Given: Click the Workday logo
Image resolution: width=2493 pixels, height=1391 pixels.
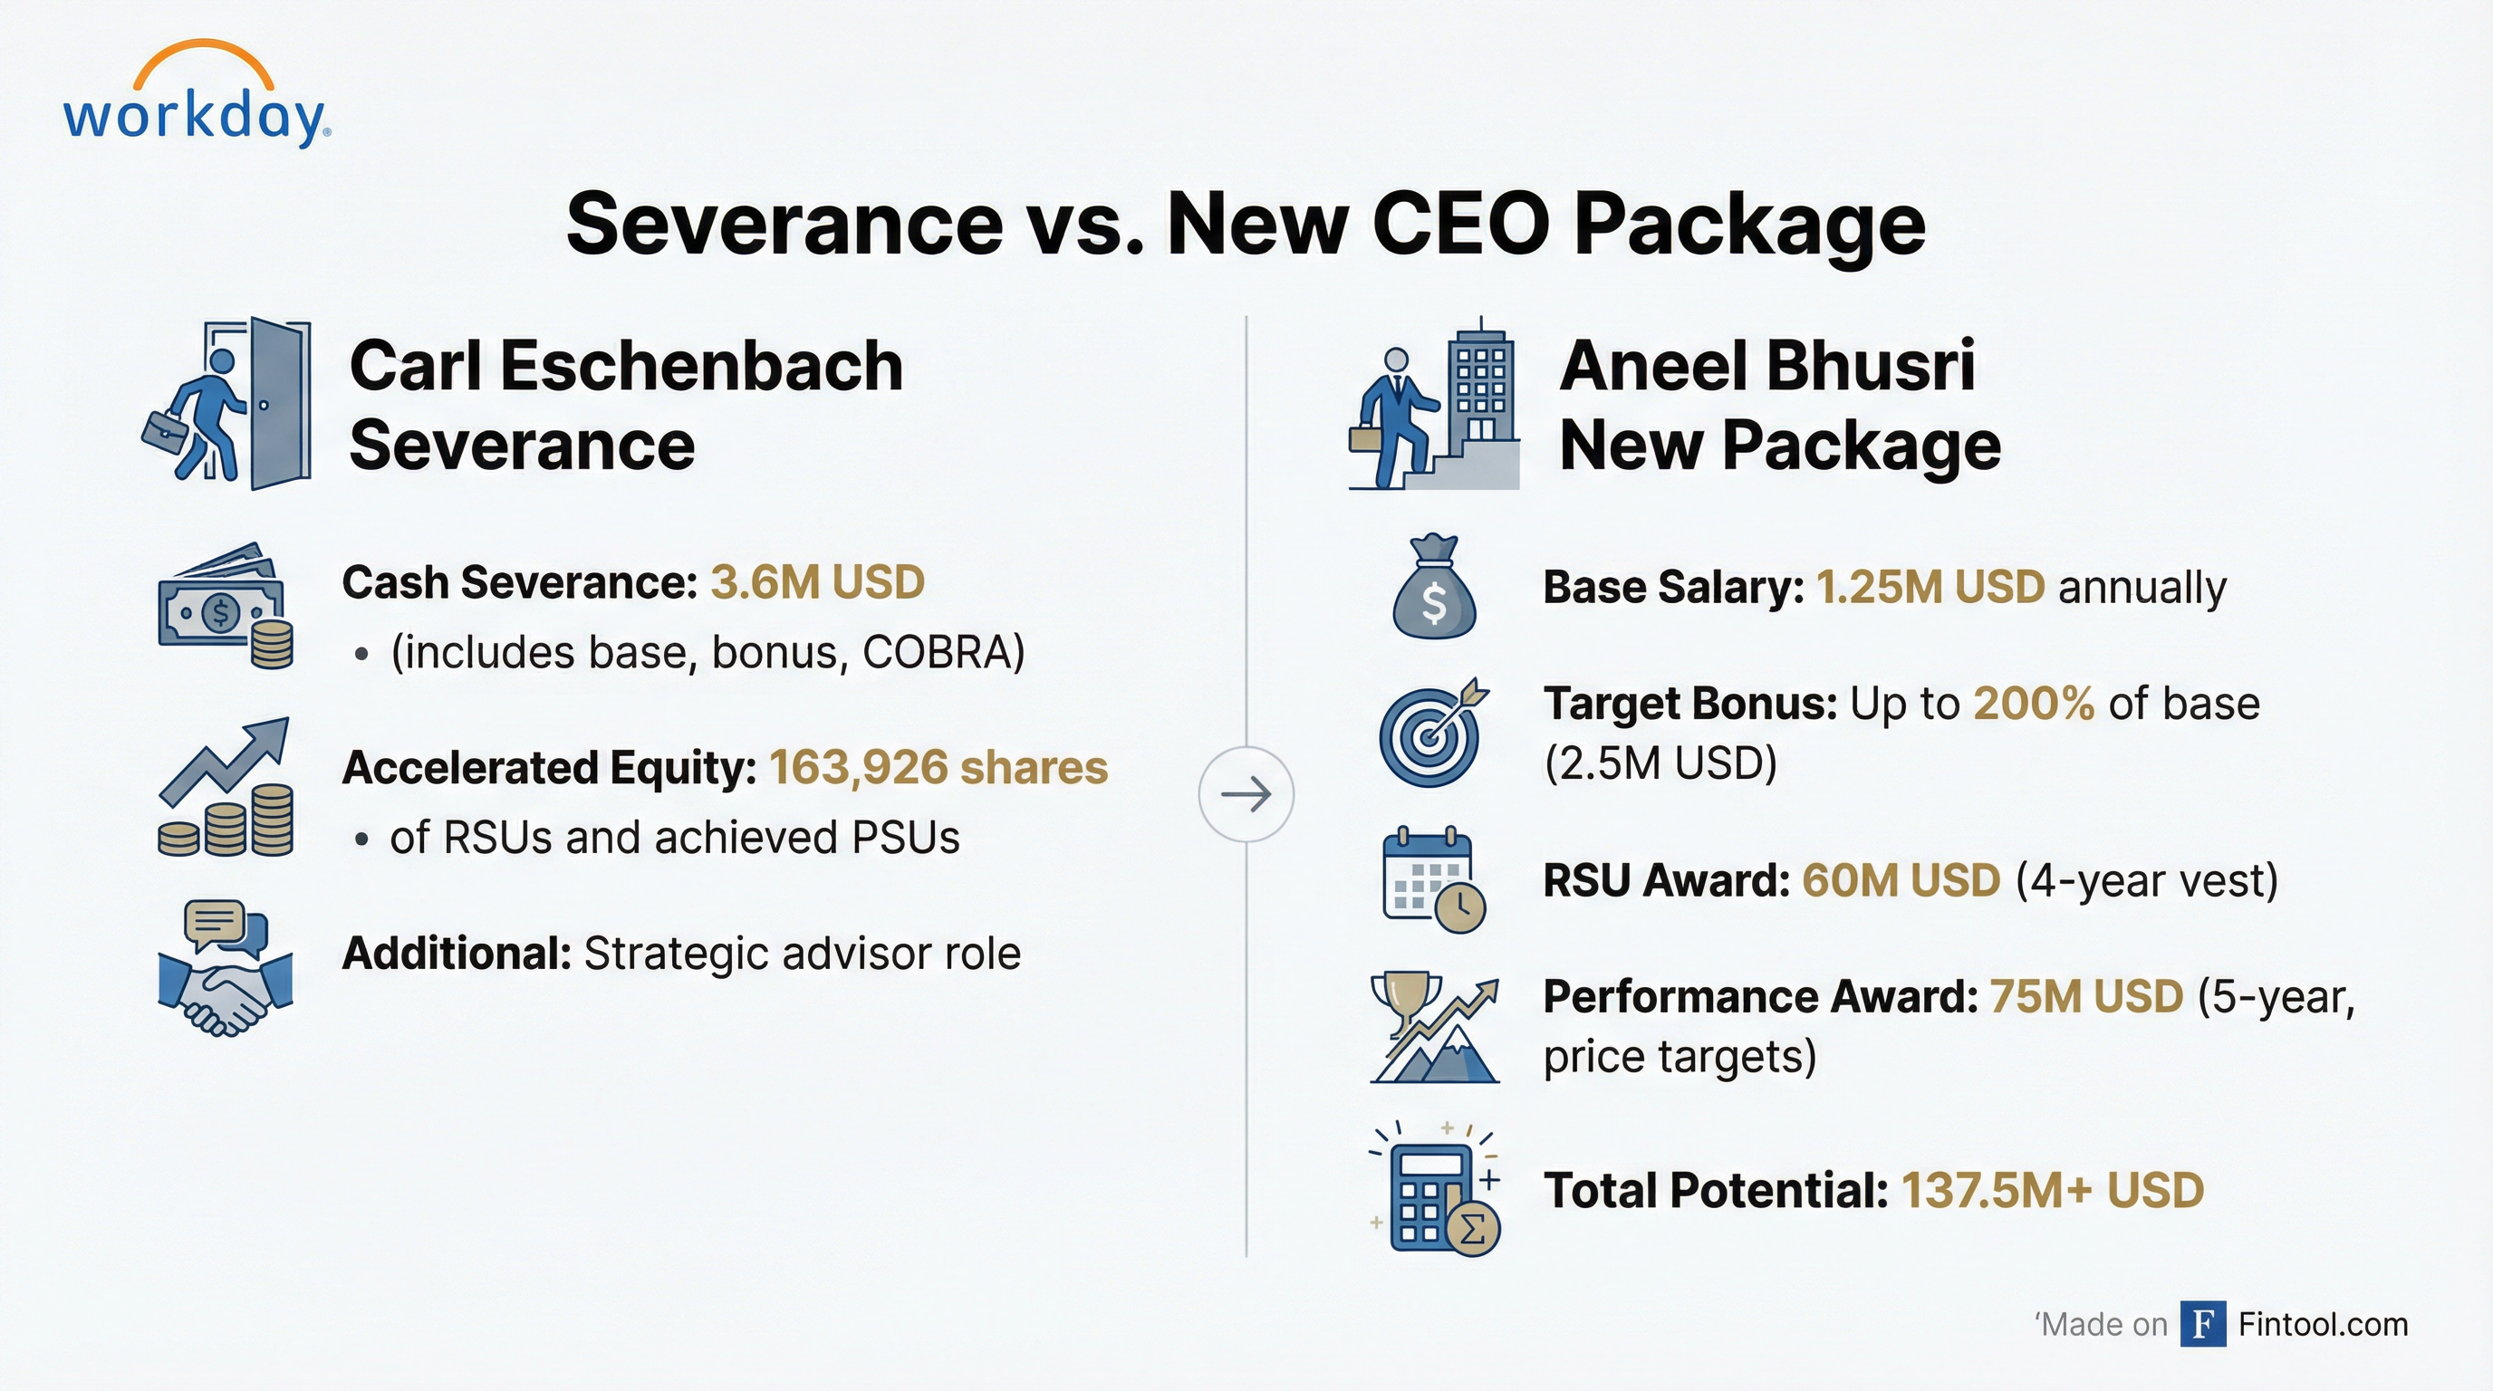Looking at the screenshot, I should tap(197, 97).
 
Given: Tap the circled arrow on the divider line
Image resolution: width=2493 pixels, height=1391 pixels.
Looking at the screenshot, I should tap(1246, 794).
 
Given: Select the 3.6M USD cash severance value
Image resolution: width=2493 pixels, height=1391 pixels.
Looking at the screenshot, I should tap(818, 582).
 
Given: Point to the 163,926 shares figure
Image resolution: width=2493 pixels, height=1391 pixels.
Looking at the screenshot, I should tap(938, 767).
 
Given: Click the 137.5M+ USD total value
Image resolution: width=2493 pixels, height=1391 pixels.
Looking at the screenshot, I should tap(2053, 1190).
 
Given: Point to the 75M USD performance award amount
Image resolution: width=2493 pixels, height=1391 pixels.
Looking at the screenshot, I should tap(2086, 996).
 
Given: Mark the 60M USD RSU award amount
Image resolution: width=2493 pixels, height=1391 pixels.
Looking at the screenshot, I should tap(1901, 880).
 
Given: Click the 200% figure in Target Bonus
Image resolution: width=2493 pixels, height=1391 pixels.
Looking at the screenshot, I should tap(2034, 704).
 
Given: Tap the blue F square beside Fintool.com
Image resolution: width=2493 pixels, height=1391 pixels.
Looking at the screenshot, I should tap(2203, 1324).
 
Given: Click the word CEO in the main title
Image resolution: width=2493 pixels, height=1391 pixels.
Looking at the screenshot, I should tap(1460, 224).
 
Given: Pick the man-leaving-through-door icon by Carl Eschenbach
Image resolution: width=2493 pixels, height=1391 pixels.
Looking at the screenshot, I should tap(228, 402).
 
